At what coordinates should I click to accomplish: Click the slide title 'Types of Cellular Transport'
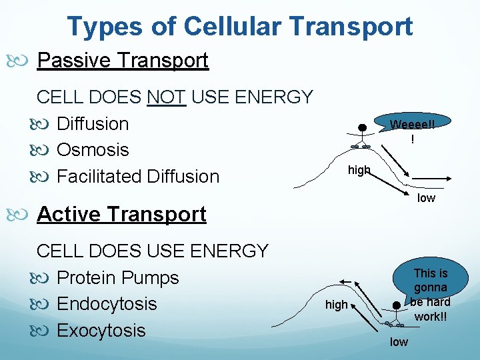(x=239, y=27)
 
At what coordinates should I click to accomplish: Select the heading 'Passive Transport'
(x=123, y=61)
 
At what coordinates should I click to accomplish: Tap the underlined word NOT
(x=167, y=97)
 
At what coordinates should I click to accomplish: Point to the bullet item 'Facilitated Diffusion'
(x=138, y=177)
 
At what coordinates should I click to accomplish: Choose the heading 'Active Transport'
(x=121, y=214)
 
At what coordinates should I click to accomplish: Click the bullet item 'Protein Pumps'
(x=118, y=277)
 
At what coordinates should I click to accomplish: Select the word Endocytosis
(x=107, y=304)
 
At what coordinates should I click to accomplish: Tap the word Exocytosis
(x=101, y=331)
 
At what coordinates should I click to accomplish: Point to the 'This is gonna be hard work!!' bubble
(x=430, y=293)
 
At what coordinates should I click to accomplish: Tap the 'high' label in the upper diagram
(x=359, y=171)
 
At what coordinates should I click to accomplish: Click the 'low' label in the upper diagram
(x=426, y=198)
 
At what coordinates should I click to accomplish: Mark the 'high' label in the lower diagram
(x=336, y=305)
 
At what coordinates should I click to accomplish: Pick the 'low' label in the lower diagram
(x=399, y=342)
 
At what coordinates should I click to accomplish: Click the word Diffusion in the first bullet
(x=93, y=124)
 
